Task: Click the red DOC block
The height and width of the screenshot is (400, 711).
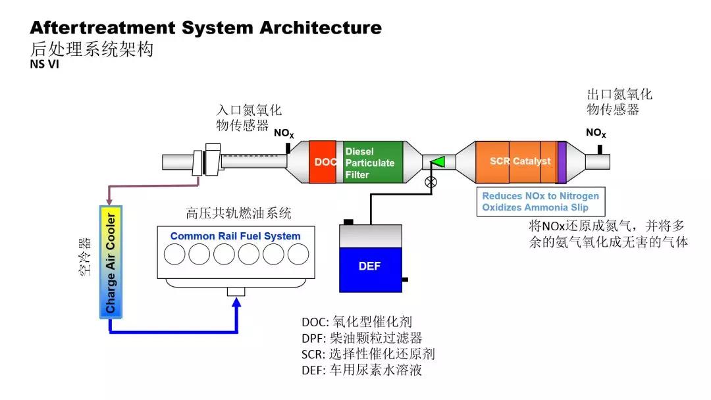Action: (323, 162)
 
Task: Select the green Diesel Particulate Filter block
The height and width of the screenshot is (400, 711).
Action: (373, 162)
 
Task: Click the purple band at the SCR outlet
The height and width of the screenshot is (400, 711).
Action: (562, 162)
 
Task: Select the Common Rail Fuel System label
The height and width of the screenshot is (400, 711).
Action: (235, 236)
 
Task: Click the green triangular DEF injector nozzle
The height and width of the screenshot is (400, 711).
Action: (438, 161)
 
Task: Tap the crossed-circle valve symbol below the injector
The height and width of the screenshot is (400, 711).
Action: (431, 182)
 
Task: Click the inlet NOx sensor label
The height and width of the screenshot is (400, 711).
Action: (284, 134)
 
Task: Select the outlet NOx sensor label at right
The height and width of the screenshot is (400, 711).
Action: (596, 134)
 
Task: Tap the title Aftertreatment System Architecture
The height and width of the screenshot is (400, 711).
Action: (205, 28)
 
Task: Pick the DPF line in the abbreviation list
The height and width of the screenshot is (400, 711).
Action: (361, 338)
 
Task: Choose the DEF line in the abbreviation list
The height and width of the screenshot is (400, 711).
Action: (361, 370)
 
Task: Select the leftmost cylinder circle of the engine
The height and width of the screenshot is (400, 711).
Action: (175, 254)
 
